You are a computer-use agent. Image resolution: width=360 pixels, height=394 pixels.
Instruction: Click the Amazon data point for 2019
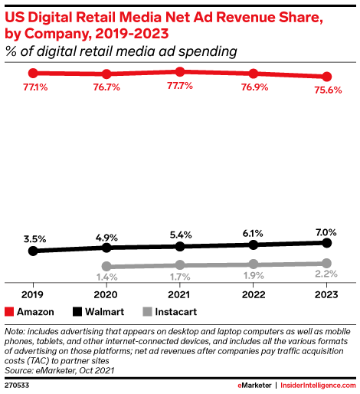(33, 73)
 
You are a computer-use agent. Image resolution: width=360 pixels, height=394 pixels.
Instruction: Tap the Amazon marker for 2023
(327, 77)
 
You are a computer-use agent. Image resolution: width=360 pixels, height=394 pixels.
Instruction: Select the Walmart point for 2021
(180, 246)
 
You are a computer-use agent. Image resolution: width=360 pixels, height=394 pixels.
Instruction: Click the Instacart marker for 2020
(106, 267)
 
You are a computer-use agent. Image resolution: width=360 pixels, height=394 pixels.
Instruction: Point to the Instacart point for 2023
(327, 263)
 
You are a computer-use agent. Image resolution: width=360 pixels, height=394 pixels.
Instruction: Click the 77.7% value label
(180, 87)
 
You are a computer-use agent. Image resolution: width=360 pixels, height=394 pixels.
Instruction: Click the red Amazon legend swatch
(10, 312)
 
